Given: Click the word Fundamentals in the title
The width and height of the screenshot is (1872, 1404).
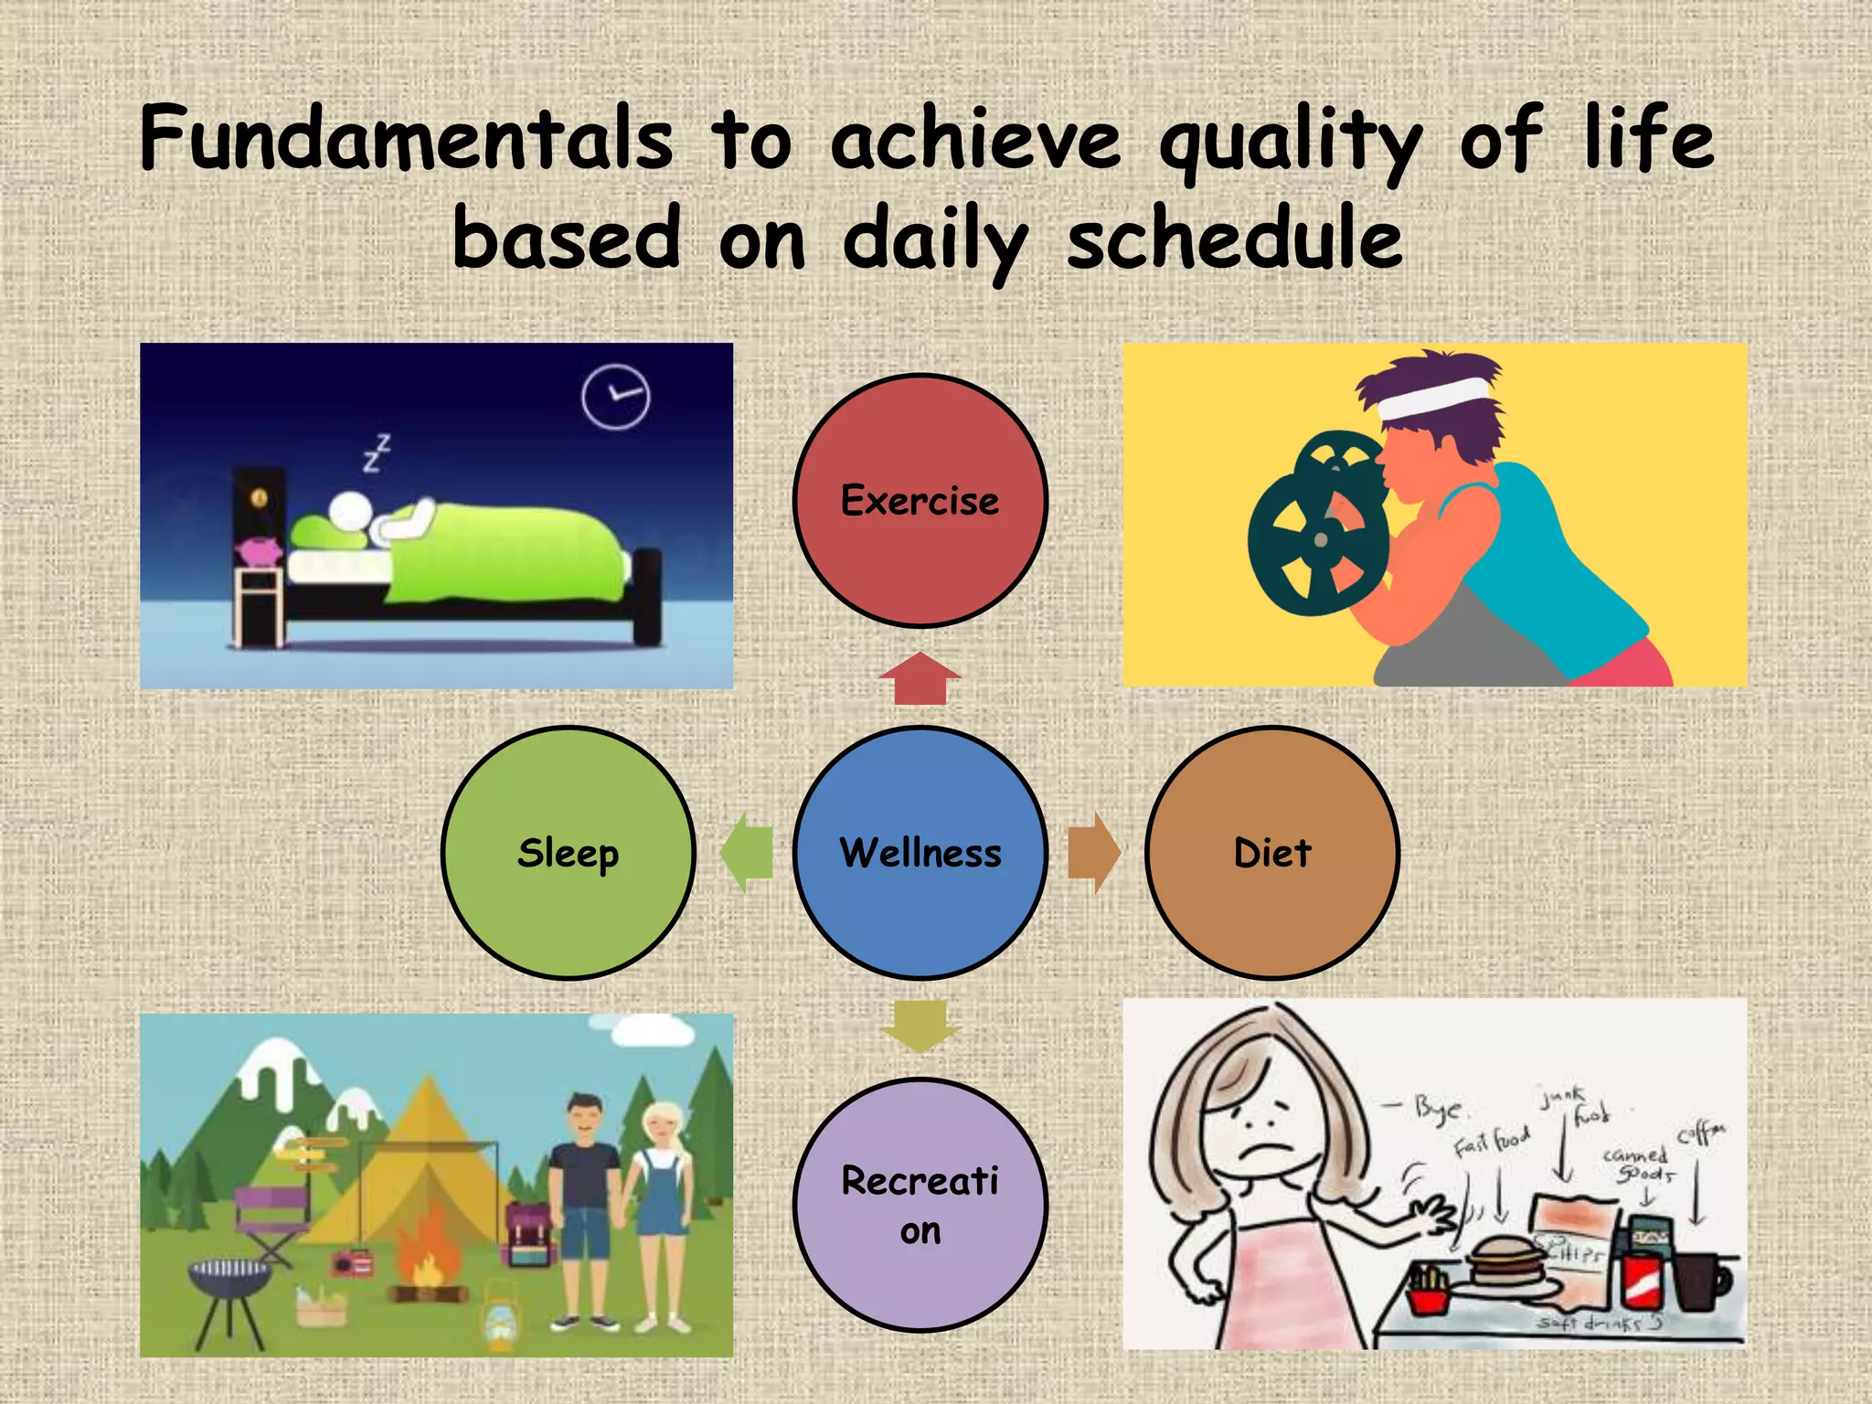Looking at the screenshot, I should coord(407,139).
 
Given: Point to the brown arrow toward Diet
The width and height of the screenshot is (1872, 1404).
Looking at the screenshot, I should coord(1093,852).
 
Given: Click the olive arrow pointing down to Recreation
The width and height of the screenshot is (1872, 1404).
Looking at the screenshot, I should coord(920,1026).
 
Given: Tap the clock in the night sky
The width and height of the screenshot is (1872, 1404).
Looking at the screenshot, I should coord(615,397).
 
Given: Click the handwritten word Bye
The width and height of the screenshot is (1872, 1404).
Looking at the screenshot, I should coord(1439,1108).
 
